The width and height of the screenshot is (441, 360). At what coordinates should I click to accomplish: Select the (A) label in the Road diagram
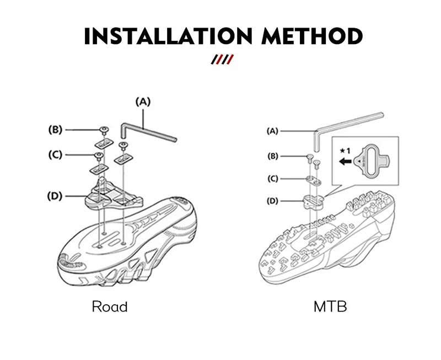point(143,101)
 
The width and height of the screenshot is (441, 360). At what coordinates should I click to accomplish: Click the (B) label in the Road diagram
point(56,130)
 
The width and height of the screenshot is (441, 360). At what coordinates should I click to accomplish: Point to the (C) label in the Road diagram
point(54,154)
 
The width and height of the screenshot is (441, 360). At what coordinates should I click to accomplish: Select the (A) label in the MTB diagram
point(272,131)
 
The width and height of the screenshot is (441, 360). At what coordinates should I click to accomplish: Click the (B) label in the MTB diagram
point(272,156)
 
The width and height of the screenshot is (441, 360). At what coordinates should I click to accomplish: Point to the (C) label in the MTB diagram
point(272,179)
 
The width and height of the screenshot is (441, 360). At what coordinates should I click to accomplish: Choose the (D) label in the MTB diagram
point(272,201)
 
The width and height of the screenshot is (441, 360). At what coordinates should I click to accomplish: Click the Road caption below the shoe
point(109,307)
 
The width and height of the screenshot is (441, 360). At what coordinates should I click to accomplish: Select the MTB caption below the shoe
point(330,307)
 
